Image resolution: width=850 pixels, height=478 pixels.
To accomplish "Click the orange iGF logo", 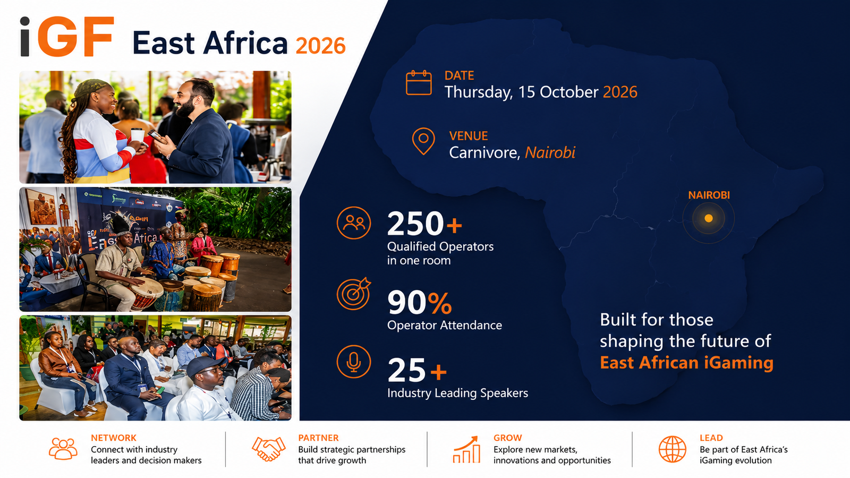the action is [67, 37].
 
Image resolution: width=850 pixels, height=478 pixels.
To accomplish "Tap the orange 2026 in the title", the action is [321, 46].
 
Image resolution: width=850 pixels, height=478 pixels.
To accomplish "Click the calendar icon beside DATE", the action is [419, 82].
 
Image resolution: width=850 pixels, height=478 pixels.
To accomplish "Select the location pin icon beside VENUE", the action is [423, 141].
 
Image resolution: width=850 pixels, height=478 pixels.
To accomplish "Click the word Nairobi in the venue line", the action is [550, 152].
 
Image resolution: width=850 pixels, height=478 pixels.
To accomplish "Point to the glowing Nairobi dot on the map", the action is [709, 218].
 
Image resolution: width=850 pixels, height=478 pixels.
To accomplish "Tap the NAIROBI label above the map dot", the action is [709, 195].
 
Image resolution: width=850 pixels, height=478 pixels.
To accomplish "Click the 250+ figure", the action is [424, 224].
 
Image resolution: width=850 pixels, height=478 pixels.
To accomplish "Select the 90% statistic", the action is [419, 302].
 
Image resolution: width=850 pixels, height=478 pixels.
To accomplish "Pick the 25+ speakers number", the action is [417, 370].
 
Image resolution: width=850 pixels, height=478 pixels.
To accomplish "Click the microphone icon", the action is [353, 362].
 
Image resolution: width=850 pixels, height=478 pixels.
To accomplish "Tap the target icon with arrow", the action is [353, 294].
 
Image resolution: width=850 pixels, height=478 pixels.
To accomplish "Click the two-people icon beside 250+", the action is [353, 223].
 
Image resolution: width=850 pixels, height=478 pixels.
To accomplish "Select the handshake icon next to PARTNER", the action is [269, 449].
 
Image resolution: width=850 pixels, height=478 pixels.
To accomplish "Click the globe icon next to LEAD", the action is [672, 449].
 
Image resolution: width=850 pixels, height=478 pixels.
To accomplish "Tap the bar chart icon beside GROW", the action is [466, 449].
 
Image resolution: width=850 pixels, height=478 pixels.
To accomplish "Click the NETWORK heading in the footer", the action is [114, 438].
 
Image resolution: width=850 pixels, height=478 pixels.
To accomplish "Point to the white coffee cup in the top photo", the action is [138, 135].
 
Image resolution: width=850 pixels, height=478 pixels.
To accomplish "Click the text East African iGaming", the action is [686, 363].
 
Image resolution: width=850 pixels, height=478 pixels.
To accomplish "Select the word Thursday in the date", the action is [478, 92].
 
